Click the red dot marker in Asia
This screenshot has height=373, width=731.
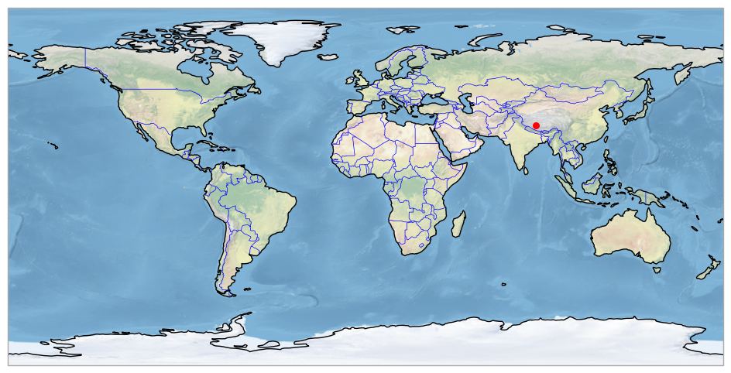click(x=536, y=125)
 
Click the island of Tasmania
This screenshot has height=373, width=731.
click(x=657, y=269)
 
